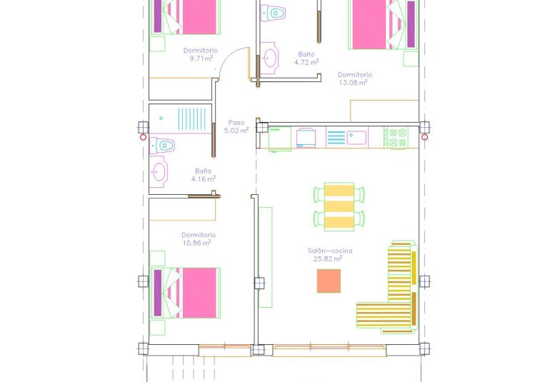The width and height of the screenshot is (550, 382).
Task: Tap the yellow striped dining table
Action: pyautogui.click(x=339, y=206)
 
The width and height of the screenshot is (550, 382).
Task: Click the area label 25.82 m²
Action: pyautogui.click(x=328, y=258)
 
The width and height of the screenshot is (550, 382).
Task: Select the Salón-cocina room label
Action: pyautogui.click(x=330, y=251)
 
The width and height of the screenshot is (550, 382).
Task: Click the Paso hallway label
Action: pyautogui.click(x=236, y=122)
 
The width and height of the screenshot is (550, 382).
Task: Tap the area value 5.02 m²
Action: pyautogui.click(x=236, y=131)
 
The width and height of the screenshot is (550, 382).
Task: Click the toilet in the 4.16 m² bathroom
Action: pyautogui.click(x=164, y=145)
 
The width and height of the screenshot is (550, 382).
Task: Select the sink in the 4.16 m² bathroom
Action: pyautogui.click(x=159, y=171)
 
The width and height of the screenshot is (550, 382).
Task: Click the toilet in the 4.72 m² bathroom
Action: pyautogui.click(x=274, y=12)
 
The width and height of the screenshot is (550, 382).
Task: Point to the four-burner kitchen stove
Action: pyautogui.click(x=396, y=137)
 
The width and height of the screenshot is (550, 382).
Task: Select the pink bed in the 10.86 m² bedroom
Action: pyautogui.click(x=187, y=293)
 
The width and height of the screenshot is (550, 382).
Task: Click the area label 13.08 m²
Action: pyautogui.click(x=353, y=82)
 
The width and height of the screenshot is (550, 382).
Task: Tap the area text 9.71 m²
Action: pyautogui.click(x=201, y=59)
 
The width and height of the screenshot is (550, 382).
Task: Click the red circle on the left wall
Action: pyautogui.click(x=144, y=137)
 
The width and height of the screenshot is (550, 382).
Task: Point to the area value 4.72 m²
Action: pyautogui.click(x=306, y=62)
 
